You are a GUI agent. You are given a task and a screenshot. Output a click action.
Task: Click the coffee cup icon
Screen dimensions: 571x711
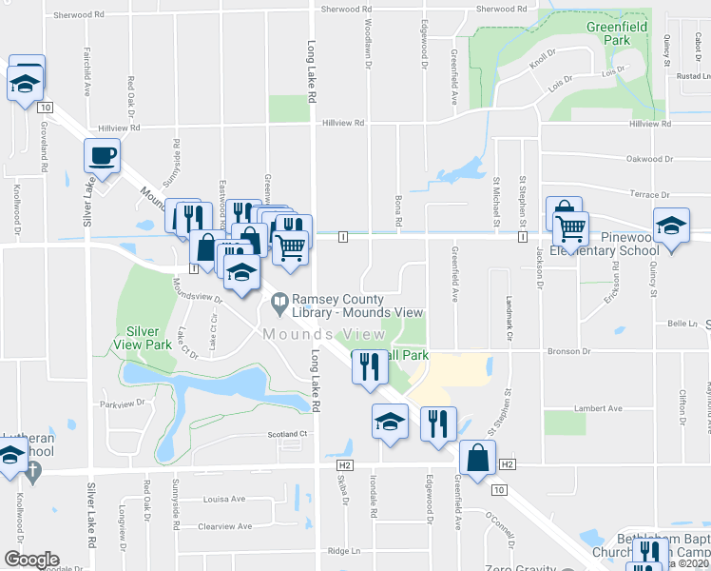102,155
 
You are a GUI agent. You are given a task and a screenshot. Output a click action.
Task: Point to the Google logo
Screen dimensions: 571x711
31,560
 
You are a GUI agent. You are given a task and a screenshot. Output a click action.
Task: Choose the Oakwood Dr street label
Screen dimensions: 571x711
648,159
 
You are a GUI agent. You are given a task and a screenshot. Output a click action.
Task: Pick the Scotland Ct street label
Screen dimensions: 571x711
289,434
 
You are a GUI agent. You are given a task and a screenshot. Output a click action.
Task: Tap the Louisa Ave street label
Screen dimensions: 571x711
224,499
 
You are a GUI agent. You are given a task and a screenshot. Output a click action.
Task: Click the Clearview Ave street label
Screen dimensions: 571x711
224,525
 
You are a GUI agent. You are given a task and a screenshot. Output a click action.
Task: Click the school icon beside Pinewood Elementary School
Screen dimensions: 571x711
671,226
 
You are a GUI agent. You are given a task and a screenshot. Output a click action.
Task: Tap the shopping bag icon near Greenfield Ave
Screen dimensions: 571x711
477,457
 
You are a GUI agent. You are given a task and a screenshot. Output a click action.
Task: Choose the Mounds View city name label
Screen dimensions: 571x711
324,334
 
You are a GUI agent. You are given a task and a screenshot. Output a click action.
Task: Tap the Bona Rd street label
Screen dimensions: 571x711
399,209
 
